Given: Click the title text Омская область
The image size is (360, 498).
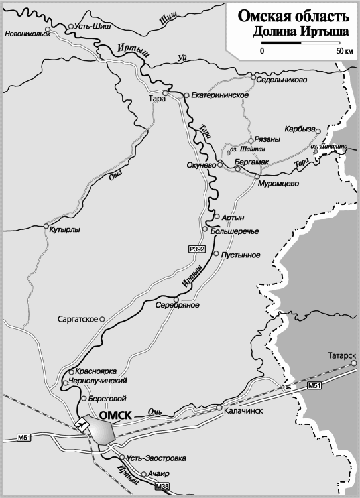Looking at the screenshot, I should coord(292,17).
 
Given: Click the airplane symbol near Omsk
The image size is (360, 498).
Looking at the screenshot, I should coord(83,422).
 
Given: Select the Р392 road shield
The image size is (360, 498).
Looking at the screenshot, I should coord(197,249).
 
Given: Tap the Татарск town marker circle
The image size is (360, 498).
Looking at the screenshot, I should coord(354,363).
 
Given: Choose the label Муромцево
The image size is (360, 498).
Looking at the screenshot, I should coord(278,184).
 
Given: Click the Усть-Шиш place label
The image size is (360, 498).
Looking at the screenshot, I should coord(93,27).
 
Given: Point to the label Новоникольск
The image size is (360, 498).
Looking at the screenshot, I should coord(27,34).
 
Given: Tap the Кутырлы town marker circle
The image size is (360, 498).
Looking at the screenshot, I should coord(45,225).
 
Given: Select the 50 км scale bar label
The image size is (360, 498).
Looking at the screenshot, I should coord(343,51).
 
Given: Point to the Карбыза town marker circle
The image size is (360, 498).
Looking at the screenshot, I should coord(318,131).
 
